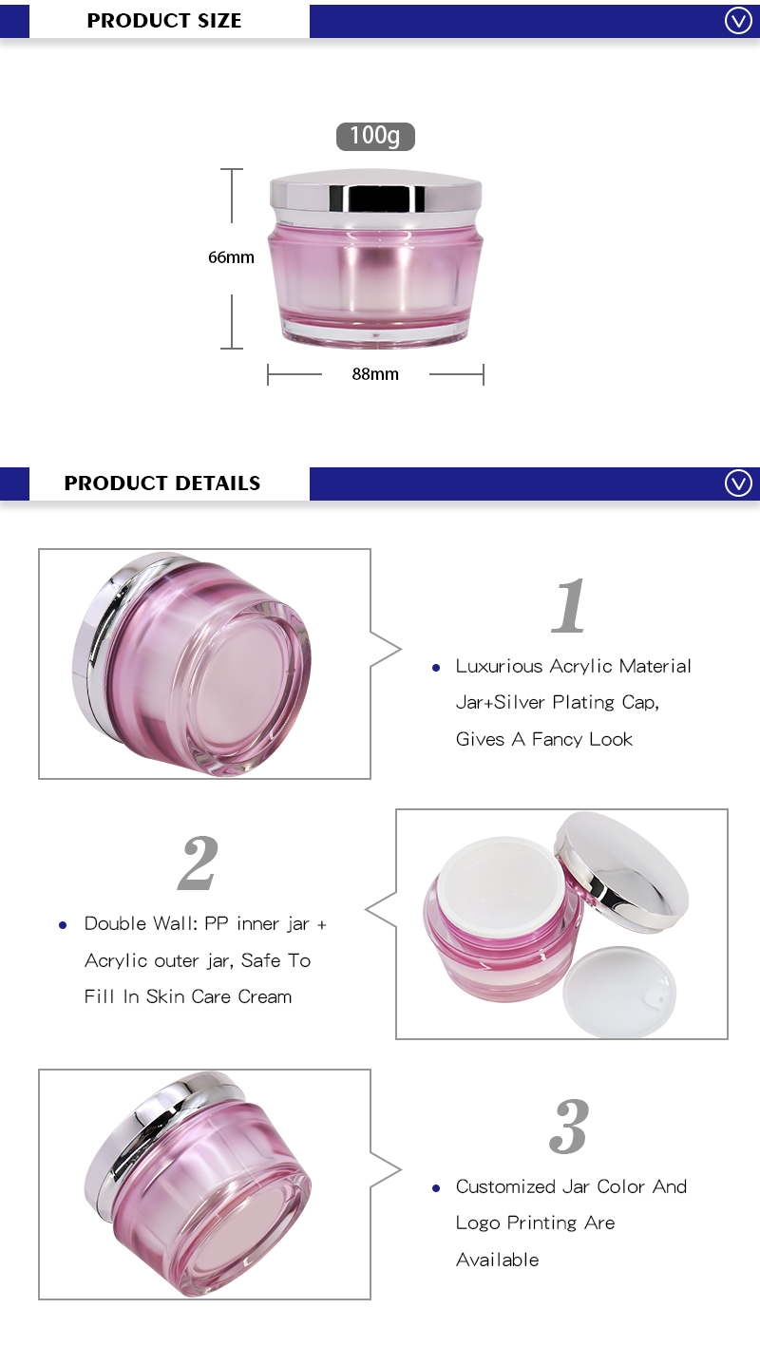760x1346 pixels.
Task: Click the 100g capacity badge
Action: [375, 136]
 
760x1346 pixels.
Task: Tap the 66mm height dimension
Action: [232, 257]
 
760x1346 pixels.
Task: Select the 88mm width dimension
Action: [375, 374]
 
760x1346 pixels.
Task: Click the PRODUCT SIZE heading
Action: [164, 21]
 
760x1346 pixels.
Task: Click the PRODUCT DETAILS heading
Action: [162, 483]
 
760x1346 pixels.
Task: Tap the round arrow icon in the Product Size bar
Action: [738, 20]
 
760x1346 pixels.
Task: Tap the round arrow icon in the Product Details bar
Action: [738, 483]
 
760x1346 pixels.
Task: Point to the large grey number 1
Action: [569, 606]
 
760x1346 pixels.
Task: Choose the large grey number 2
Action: [198, 863]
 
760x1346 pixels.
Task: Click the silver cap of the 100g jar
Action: [375, 195]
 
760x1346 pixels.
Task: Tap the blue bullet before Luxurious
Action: [436, 668]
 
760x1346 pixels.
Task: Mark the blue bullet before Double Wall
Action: [64, 924]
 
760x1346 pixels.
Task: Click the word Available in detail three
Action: [497, 1260]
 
